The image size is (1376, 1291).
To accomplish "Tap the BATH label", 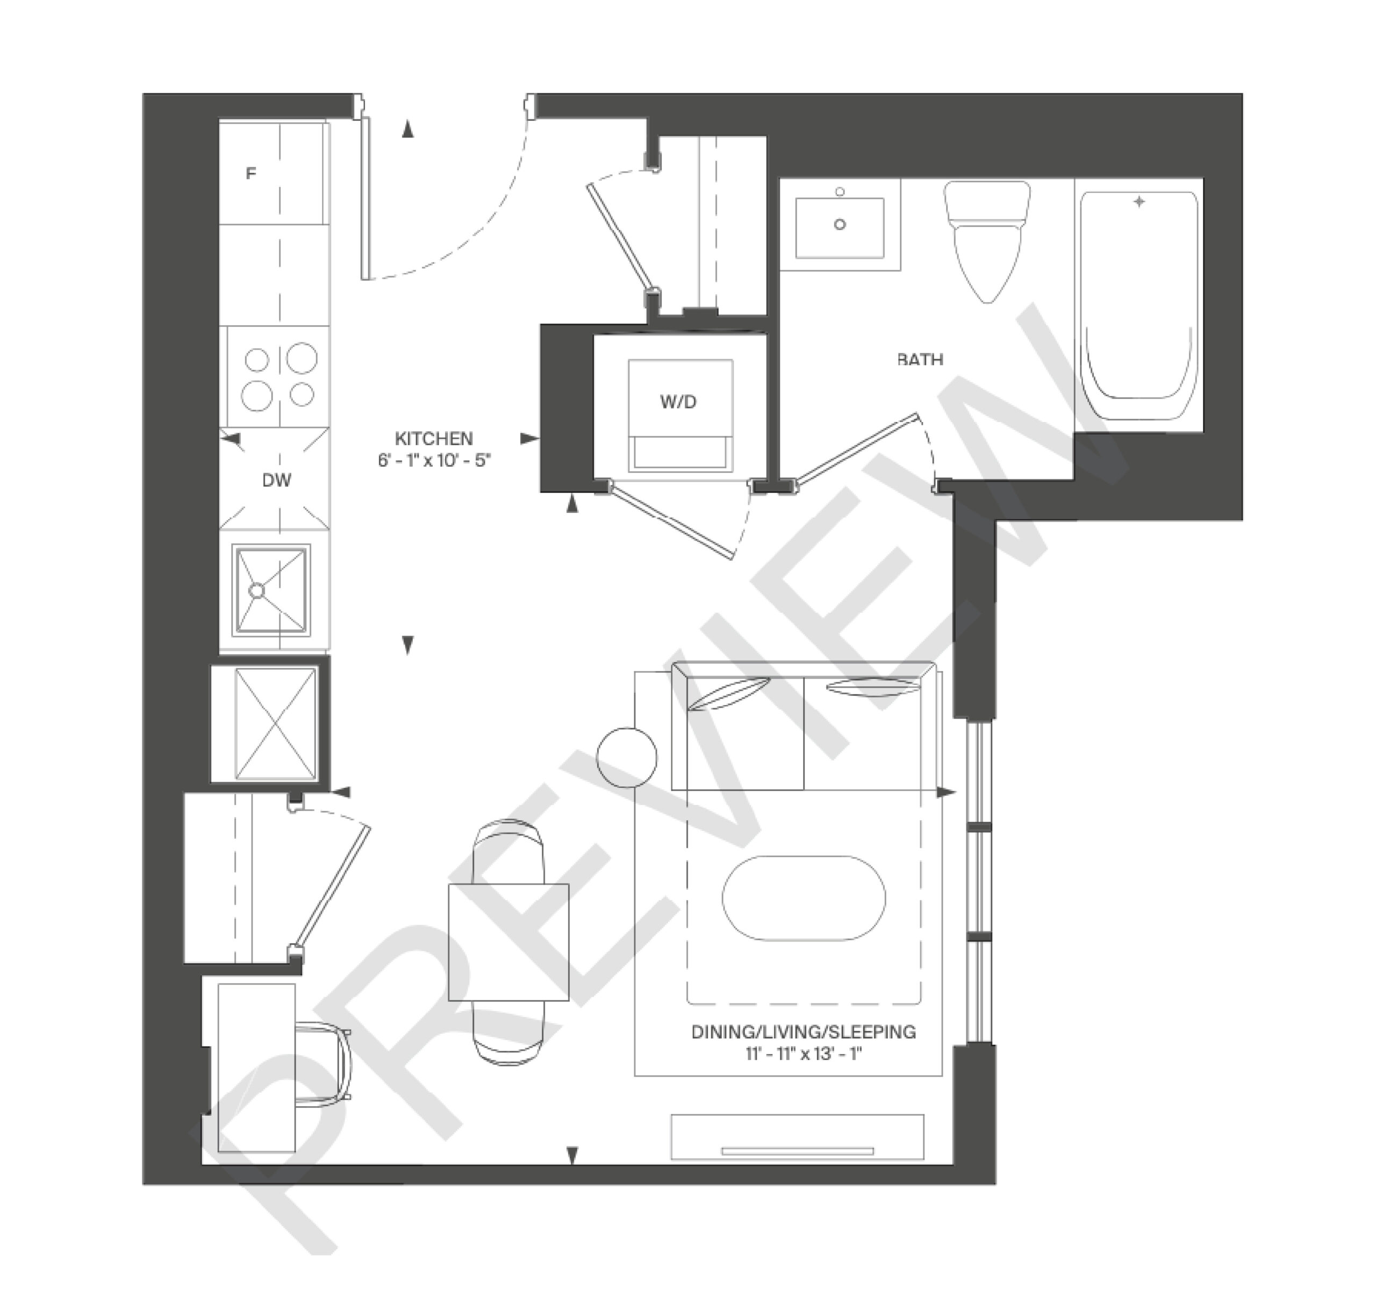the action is coord(920,359).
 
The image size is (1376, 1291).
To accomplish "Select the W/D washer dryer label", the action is coord(678,402).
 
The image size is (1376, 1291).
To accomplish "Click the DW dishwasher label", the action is coord(277,480).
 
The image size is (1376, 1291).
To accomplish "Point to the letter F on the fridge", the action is coord(250,173).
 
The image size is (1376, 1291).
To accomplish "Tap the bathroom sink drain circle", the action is coord(840,224).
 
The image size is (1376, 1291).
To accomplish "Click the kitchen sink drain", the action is coord(257,591).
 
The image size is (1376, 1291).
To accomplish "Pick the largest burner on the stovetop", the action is coord(302,358).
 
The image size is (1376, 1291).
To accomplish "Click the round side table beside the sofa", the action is coord(626,757).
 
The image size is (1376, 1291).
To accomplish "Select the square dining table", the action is coord(508,942).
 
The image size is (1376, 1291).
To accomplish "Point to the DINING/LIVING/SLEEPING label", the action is coord(804,1032).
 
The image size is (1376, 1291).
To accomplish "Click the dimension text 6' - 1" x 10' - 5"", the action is coord(434,460).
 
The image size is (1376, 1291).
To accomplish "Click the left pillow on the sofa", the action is coord(731,693).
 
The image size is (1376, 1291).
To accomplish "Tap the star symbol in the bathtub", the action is coord(1138,202).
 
